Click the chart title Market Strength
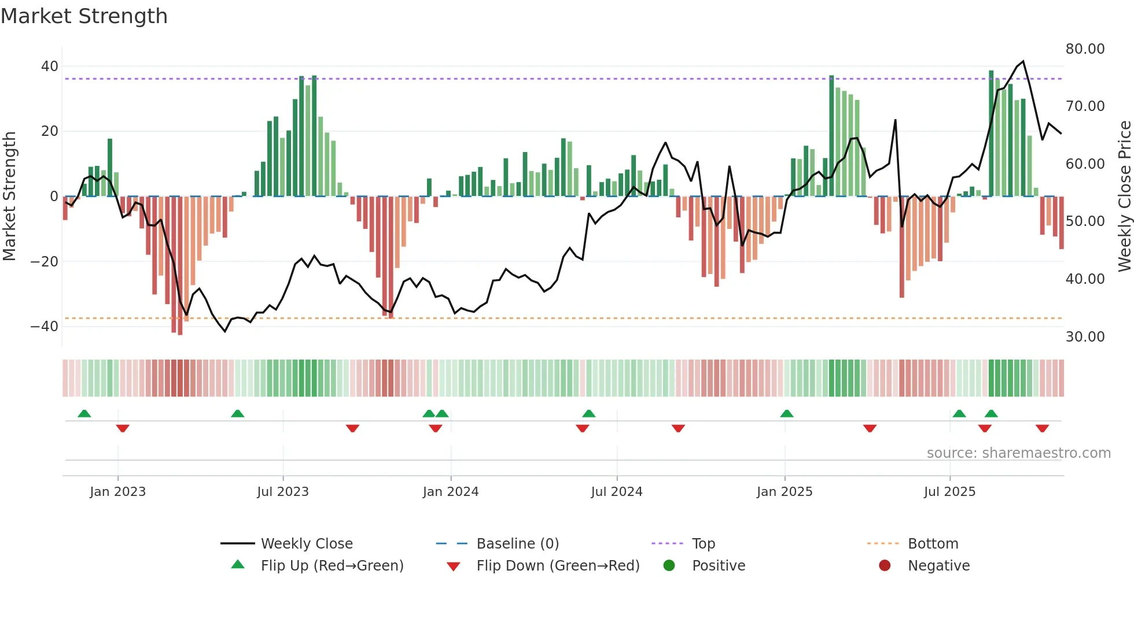pos(84,16)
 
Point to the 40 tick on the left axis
pos(50,66)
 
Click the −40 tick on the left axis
pos(45,327)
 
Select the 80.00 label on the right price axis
pos(1085,49)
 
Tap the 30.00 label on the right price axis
pos(1085,337)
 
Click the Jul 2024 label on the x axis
pos(616,492)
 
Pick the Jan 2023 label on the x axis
pos(117,492)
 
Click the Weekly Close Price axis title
pos(1124,196)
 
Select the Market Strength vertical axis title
pos(10,196)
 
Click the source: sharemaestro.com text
pos(1018,453)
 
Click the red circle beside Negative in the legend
pos(885,566)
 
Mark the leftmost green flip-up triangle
pos(84,414)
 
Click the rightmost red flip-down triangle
pos(1042,428)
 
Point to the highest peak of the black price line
pos(1023,61)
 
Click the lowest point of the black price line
pos(225,331)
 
